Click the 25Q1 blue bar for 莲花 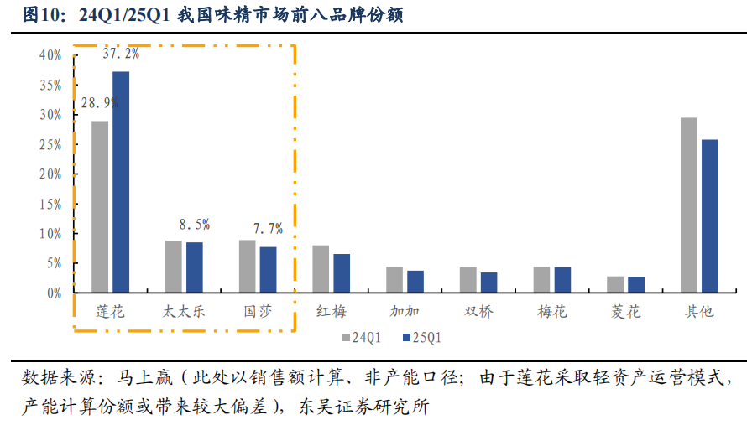pos(121,182)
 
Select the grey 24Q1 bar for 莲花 pos(100,206)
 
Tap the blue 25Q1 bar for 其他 pos(709,215)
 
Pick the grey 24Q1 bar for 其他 pos(688,205)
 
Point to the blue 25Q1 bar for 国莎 pos(268,269)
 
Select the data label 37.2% pos(121,54)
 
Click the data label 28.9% pos(99,102)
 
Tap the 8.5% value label pos(194,225)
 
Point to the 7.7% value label pos(268,228)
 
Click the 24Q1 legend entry pos(361,338)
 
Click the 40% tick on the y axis pos(50,55)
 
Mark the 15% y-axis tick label pos(50,204)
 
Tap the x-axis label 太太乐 pos(184,312)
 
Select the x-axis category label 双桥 pos(478,312)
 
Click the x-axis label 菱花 pos(625,312)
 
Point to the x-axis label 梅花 pos(552,312)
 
